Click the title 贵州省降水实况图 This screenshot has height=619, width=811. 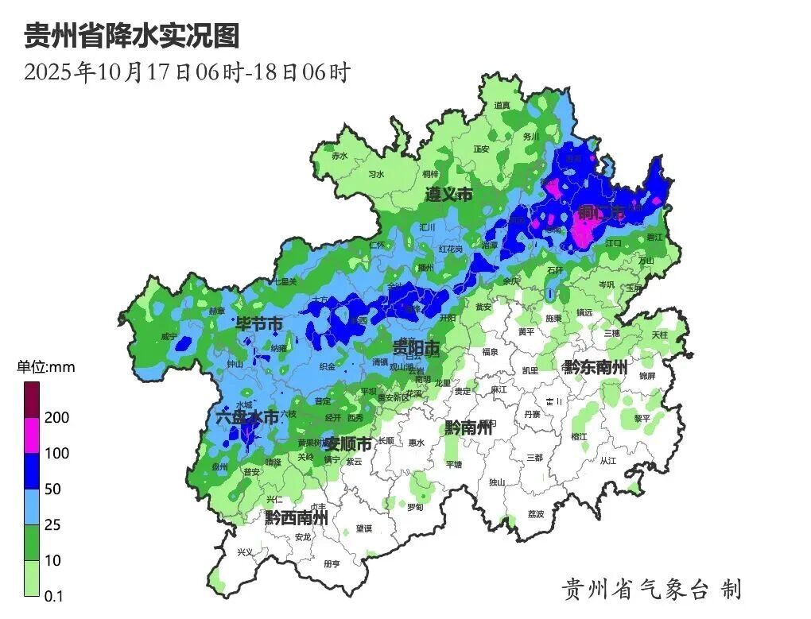coord(132,36)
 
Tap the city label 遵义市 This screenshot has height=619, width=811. coord(448,195)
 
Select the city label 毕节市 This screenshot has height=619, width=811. coord(259,324)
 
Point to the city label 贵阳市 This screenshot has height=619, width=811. coord(416,347)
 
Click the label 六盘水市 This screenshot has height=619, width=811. coord(247,417)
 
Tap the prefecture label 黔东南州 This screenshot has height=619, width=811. coord(596,367)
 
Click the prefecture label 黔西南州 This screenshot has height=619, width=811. coord(297,518)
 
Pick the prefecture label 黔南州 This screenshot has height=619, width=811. coord(470,427)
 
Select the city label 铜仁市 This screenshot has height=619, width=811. coord(602,212)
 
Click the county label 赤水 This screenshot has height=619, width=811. coord(340,156)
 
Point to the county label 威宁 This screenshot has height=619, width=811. coord(169,337)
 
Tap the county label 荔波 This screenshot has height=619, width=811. coord(536,514)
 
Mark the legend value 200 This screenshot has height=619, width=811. coord(57,418)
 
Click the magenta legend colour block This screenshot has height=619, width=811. coord(32,435)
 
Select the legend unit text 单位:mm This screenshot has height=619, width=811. coord(46,367)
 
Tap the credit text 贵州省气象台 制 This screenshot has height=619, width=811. coord(651,589)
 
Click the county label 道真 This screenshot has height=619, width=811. coord(502,105)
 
